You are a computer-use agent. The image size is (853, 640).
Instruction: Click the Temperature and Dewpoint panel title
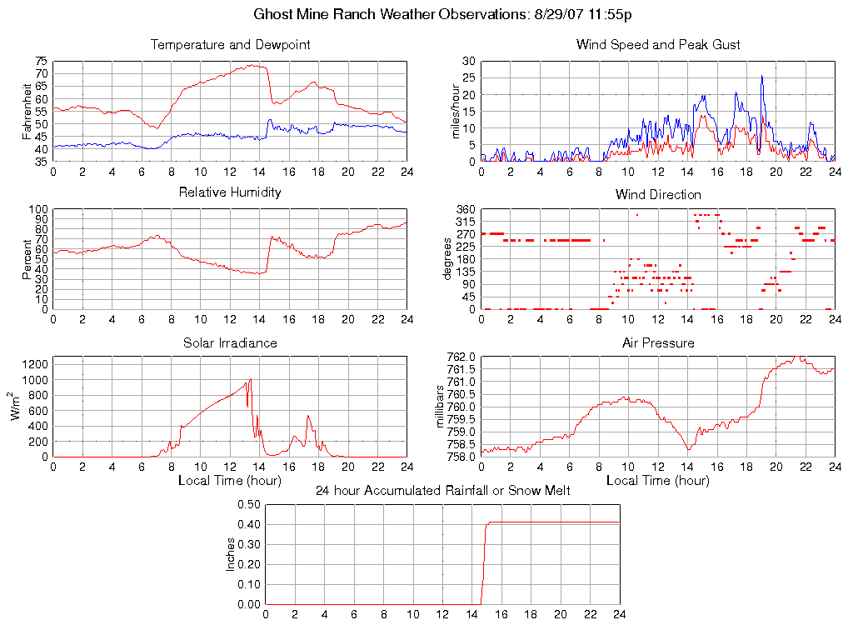tap(230, 45)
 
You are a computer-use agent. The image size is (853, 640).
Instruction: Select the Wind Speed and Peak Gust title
tap(658, 45)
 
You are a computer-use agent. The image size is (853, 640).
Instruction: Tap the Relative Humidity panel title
tap(230, 192)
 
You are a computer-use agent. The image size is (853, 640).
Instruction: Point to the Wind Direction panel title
tap(658, 194)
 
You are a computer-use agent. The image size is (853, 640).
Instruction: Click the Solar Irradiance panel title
tap(230, 342)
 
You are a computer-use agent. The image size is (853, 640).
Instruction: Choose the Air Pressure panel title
tap(658, 342)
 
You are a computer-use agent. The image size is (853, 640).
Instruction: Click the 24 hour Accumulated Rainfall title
tap(442, 491)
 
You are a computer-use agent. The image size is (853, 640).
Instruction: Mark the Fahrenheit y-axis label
tap(27, 111)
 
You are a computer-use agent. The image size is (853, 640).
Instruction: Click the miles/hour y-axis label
tap(455, 111)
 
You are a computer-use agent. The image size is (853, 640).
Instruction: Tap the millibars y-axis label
tap(443, 407)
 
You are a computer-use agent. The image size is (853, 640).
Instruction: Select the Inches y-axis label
tap(231, 554)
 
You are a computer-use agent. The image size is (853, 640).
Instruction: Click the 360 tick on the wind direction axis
tap(465, 209)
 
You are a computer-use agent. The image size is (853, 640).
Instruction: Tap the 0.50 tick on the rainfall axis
tap(249, 504)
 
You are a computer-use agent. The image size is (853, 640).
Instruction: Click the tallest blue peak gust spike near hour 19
tap(761, 77)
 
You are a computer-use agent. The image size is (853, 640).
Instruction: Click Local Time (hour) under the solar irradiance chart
tap(230, 481)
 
